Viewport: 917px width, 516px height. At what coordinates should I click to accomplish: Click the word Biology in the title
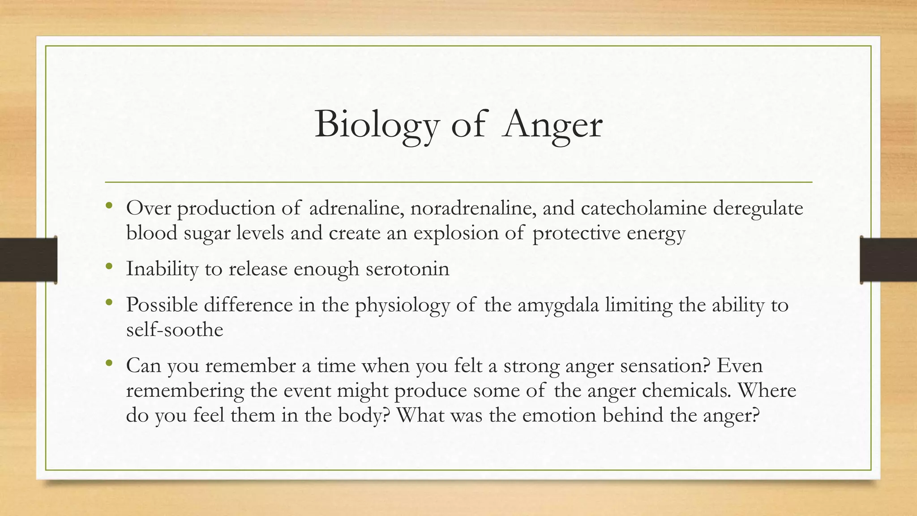point(376,125)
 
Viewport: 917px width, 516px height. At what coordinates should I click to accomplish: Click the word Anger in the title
point(552,125)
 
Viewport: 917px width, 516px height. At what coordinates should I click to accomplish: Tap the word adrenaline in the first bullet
point(356,208)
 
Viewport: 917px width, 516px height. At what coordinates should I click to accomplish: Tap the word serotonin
point(407,269)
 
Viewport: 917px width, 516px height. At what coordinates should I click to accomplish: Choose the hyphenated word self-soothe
point(175,330)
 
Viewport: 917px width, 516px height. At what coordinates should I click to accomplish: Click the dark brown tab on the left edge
point(28,260)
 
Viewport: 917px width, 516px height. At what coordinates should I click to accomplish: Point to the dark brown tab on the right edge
point(888,260)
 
